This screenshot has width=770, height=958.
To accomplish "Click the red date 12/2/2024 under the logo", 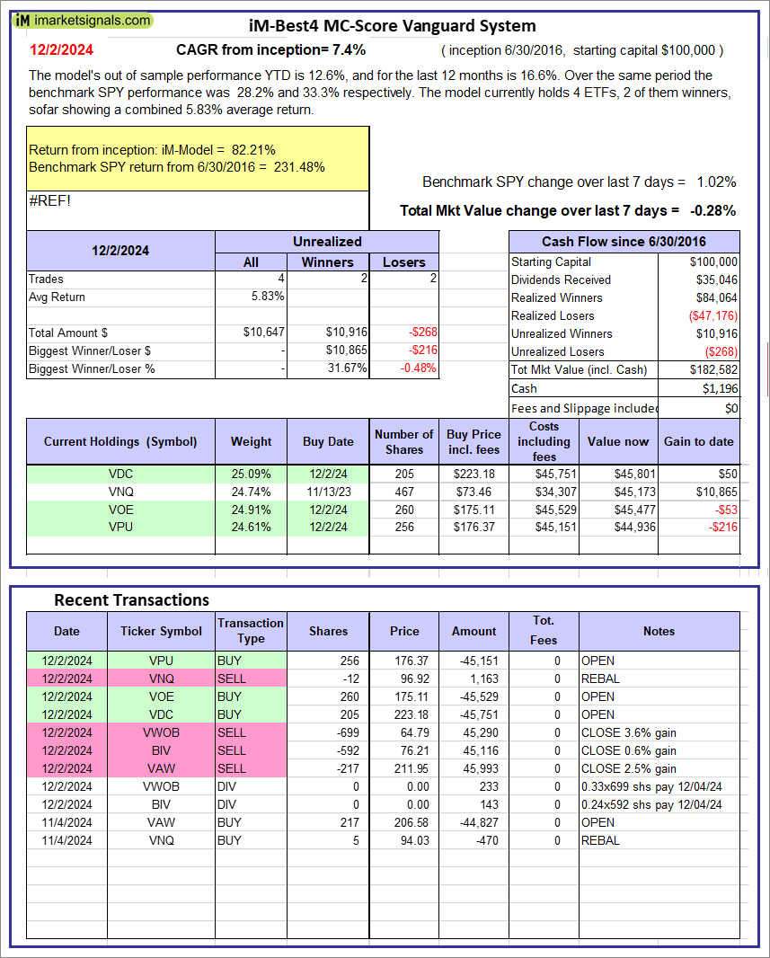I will pos(59,49).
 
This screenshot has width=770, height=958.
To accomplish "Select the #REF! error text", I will pos(49,200).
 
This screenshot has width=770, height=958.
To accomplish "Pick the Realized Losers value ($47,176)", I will pos(711,315).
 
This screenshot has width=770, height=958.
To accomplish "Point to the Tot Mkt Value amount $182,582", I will pos(713,369).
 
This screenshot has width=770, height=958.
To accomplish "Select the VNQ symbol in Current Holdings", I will pos(119,492).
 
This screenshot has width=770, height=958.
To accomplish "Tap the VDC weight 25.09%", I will pos(251,474).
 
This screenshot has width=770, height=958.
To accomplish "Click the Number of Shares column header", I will pos(403,441).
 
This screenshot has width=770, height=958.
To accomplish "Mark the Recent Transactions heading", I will pos(131,599).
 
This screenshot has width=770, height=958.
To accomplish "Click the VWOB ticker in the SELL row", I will pos(162,732).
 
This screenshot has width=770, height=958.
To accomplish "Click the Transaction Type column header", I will pos(251,631).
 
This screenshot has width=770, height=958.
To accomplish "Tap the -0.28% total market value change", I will pos(712,210).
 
